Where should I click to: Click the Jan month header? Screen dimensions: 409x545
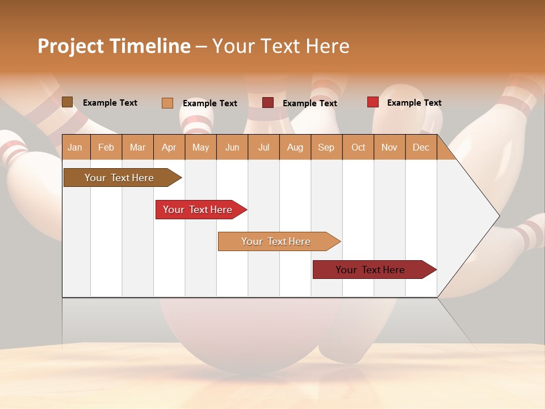point(75,147)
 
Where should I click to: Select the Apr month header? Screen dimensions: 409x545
point(169,147)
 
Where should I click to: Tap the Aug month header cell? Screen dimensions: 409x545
point(295,147)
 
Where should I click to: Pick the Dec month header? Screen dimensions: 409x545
point(421,147)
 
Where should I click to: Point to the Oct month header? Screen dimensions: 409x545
point(358,147)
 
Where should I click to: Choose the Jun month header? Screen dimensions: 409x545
point(232,147)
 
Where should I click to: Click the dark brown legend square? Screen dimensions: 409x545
point(67,102)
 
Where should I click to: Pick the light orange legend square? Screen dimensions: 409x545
point(167,103)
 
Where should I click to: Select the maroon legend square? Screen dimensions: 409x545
point(267,103)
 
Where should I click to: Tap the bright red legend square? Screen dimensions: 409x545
point(372,102)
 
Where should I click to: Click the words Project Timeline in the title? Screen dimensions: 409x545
point(114,46)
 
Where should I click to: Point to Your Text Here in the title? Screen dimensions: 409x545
point(281,46)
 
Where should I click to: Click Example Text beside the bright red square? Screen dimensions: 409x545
point(414,103)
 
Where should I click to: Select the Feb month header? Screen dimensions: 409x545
point(106,147)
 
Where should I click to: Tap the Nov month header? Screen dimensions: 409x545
point(389,147)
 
